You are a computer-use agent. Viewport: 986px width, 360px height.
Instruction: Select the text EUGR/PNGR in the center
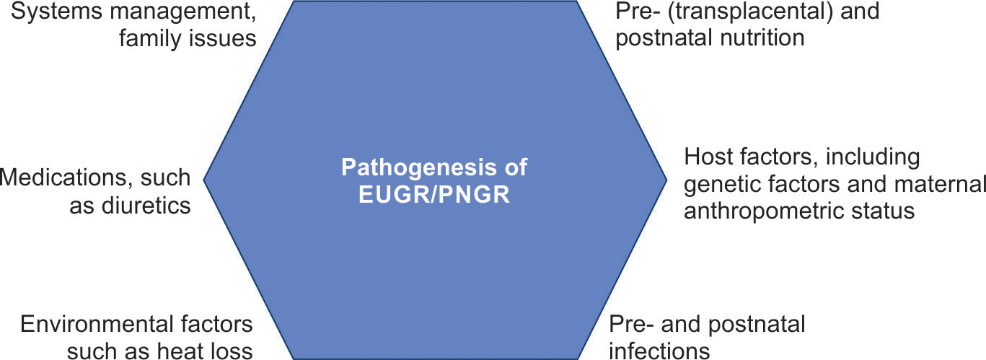tap(434, 195)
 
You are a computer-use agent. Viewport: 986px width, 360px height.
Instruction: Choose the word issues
tap(221, 38)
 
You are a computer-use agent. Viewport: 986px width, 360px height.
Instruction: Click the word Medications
tap(58, 177)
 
